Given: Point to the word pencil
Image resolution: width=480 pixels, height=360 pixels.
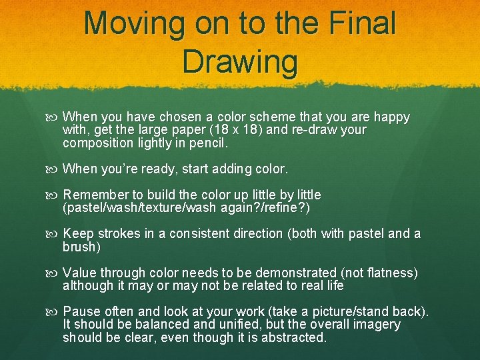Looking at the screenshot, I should point(207,143).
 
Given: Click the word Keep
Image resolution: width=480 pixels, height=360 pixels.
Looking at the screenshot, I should point(78,234).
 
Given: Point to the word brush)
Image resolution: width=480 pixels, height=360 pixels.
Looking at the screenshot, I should point(81,247).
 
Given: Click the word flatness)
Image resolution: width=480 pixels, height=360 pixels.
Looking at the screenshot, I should point(391,273).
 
